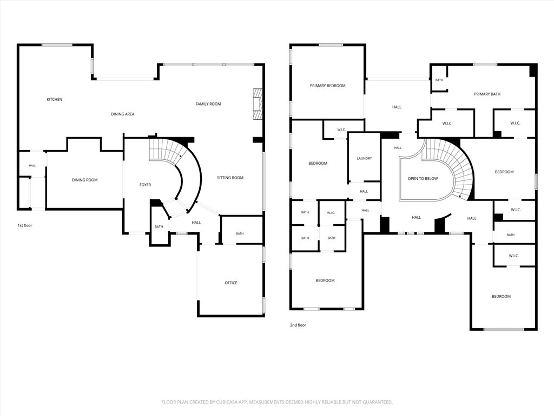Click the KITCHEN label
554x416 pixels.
tap(55, 100)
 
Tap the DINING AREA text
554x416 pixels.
tap(123, 114)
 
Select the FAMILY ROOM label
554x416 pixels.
tap(208, 104)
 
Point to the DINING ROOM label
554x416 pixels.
tap(85, 180)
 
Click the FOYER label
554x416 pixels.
tap(145, 185)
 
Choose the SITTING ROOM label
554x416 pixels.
tap(230, 178)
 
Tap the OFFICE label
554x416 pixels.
tap(231, 283)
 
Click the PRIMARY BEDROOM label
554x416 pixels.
tap(327, 86)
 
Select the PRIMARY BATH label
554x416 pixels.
tap(487, 94)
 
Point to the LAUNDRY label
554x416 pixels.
tap(364, 159)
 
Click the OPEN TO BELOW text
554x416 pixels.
tap(423, 179)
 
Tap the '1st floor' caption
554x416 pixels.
tap(25, 225)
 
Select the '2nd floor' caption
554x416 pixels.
tap(298, 325)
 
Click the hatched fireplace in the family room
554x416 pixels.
tap(258, 105)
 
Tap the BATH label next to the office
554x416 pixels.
tap(240, 233)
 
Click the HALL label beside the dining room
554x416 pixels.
tap(32, 166)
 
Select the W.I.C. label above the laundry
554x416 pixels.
tap(341, 130)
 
